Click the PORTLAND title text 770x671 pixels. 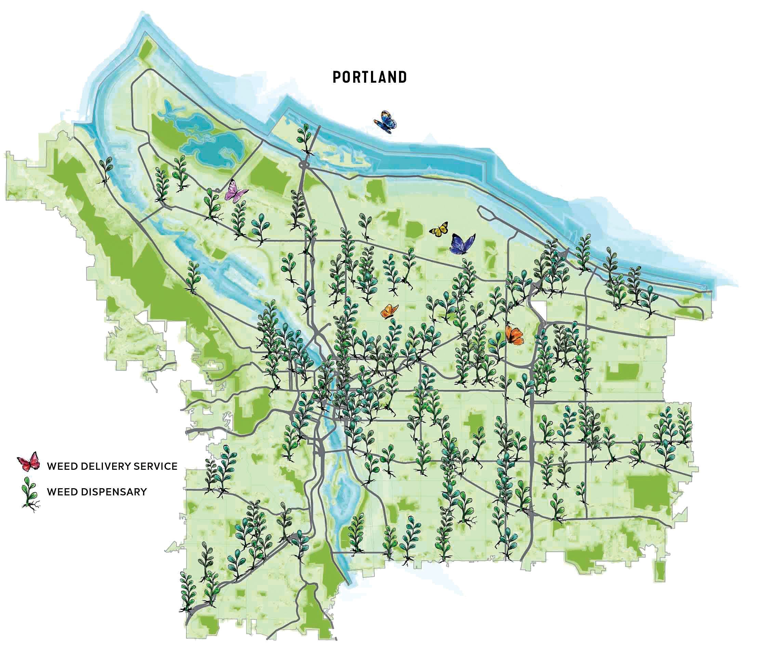370,77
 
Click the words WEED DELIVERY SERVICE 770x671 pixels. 112,466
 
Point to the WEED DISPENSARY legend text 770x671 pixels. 97,492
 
